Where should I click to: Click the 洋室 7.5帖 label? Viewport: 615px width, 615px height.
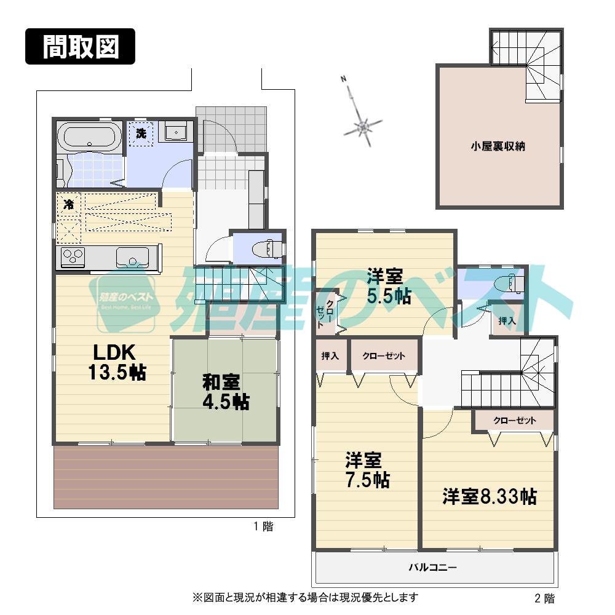(x=367, y=469)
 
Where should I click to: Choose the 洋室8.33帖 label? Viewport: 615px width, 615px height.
(x=489, y=496)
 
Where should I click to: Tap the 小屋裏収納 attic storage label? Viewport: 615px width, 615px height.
(x=498, y=146)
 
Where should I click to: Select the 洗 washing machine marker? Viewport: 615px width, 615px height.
(x=141, y=134)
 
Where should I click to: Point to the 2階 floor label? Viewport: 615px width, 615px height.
(x=544, y=597)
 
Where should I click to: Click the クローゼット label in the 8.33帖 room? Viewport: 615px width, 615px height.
(x=514, y=421)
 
